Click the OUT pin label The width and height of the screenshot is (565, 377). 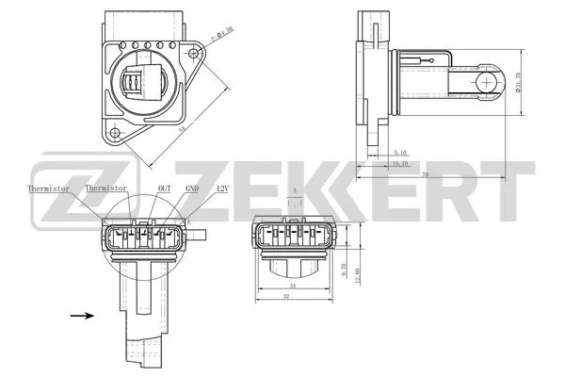(x=165, y=188)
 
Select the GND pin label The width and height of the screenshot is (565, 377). (x=192, y=188)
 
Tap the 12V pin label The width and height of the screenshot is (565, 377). (x=222, y=188)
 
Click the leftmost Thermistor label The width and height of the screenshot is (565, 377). (x=49, y=188)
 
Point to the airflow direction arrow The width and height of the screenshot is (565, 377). (x=82, y=316)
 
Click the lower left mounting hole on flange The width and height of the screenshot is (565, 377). (x=114, y=133)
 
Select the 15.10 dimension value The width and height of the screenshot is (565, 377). (x=398, y=163)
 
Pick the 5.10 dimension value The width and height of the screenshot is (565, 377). (x=398, y=152)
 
